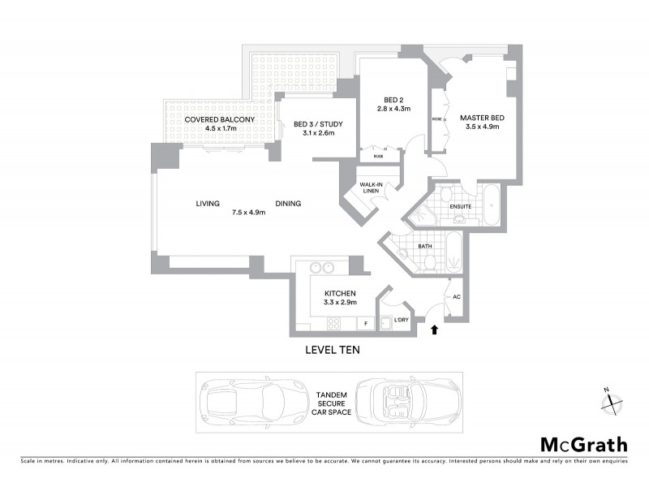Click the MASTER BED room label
coord(482,119)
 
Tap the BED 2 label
coord(394,100)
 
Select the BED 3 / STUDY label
coord(319,124)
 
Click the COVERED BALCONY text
coord(219,119)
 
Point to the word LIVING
coord(208,204)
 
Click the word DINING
coord(288,204)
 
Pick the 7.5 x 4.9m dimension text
coord(249,213)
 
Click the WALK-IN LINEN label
coord(372,188)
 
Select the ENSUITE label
coord(462,206)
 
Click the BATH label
coord(424,245)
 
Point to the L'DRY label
coord(400,321)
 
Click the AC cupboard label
coord(455,297)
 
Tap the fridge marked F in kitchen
coord(366,323)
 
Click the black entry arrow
coord(435,330)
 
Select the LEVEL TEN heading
coord(332,351)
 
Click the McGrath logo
coord(583,444)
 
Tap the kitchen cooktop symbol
coord(333,324)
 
